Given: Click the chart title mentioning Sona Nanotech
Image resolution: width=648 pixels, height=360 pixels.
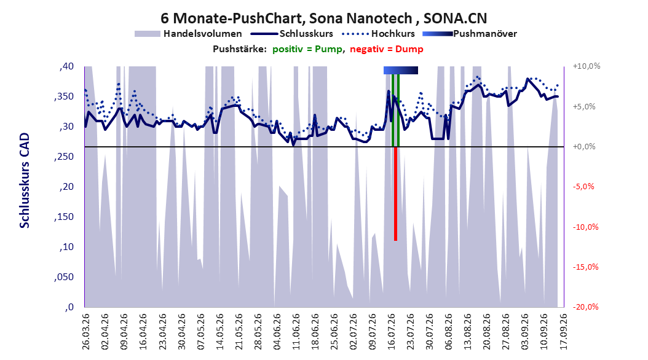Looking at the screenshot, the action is point(323,18).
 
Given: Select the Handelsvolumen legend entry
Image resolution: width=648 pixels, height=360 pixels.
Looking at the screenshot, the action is point(188,34).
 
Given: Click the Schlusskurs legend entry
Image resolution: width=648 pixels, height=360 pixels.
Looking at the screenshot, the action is point(292,34).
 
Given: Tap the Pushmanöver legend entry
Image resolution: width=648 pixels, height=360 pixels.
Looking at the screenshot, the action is point(470,34).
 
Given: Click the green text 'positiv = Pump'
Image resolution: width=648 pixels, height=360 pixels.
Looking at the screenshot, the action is point(307,49).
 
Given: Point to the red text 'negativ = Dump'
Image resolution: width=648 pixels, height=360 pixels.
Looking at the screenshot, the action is point(387,49).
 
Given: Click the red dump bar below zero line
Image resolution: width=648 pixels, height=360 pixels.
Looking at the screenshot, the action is point(395,194).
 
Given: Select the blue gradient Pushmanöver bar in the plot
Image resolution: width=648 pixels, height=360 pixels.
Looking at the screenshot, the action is point(400,70).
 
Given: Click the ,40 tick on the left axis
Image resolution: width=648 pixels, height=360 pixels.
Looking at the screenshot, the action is point(66,66).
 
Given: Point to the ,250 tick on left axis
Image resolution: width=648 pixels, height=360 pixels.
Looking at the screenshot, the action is point(64,157).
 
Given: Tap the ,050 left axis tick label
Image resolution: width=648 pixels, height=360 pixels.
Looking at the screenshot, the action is point(64,277).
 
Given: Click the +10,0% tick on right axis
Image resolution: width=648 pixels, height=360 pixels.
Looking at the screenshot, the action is point(587,66).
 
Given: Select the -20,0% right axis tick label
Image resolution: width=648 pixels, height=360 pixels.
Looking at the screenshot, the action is point(585,307).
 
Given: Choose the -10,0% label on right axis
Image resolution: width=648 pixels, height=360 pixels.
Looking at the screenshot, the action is point(585,227).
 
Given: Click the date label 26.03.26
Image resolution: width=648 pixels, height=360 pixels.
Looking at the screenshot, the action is point(85,332).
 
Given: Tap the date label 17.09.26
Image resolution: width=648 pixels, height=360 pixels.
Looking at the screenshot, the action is point(563,332).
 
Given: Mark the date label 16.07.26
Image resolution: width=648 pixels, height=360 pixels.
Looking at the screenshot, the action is point(391,332).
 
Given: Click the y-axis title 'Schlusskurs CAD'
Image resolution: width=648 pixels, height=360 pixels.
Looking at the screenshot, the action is point(25,181).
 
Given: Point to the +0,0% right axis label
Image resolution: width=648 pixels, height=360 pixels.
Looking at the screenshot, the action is point(584,147).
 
